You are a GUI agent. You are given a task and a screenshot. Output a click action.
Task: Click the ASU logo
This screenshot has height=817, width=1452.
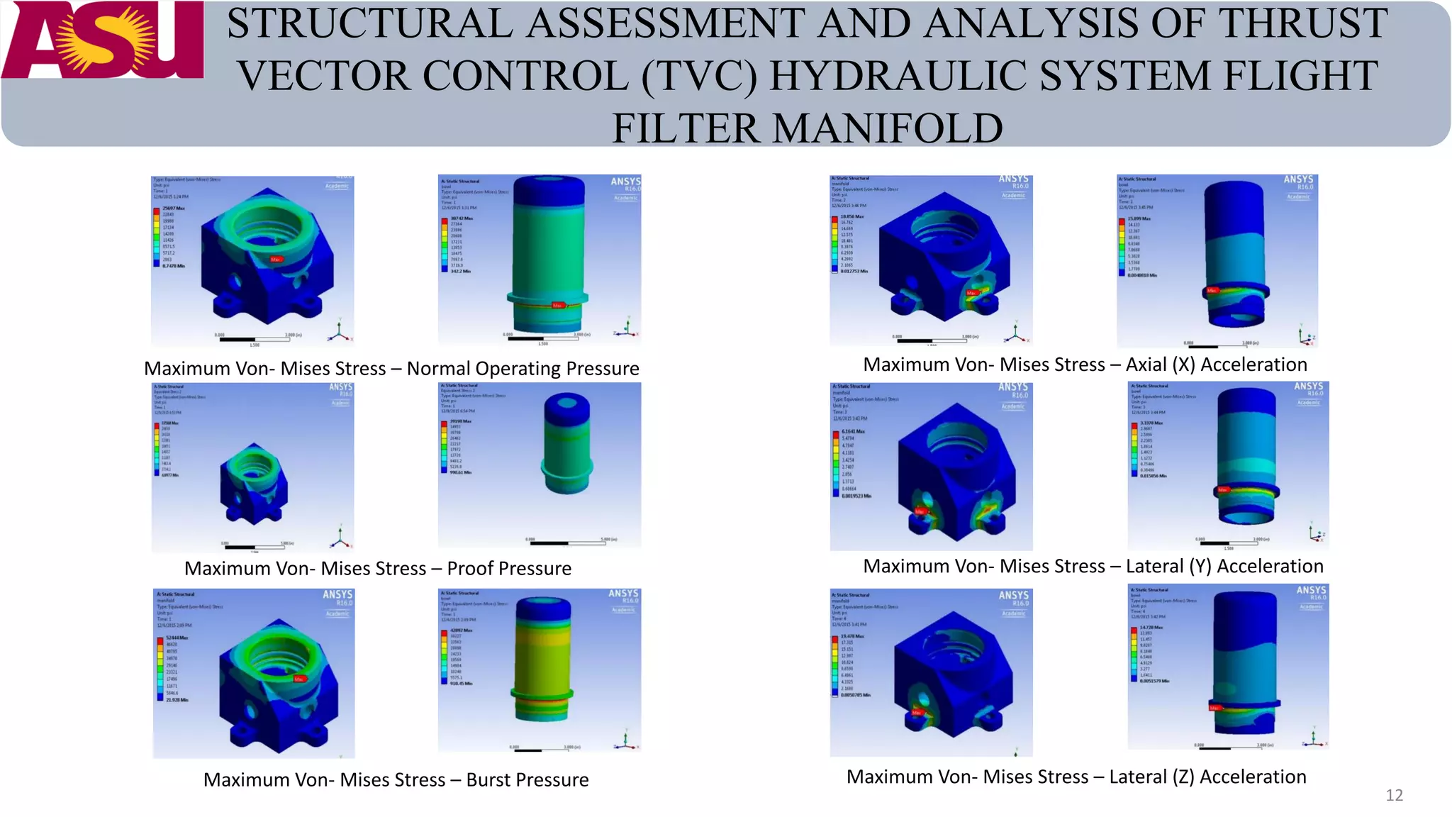[102, 40]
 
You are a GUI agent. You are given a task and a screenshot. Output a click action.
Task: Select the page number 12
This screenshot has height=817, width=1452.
[1394, 795]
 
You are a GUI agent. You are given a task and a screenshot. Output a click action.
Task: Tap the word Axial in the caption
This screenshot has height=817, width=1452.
[1146, 365]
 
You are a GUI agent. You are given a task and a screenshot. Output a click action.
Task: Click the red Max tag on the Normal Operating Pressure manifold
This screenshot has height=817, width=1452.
[276, 260]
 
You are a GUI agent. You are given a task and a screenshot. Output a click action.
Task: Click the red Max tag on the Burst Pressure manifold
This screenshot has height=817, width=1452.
[299, 679]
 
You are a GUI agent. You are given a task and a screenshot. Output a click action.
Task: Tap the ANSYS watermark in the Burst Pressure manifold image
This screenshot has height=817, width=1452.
[337, 594]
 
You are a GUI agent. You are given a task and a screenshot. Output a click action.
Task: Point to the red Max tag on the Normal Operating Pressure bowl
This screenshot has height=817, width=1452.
[557, 305]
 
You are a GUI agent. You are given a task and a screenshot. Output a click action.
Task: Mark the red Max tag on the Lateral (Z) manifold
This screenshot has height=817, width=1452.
[917, 712]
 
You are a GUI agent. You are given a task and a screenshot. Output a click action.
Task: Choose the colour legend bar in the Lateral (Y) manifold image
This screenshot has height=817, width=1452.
[835, 463]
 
